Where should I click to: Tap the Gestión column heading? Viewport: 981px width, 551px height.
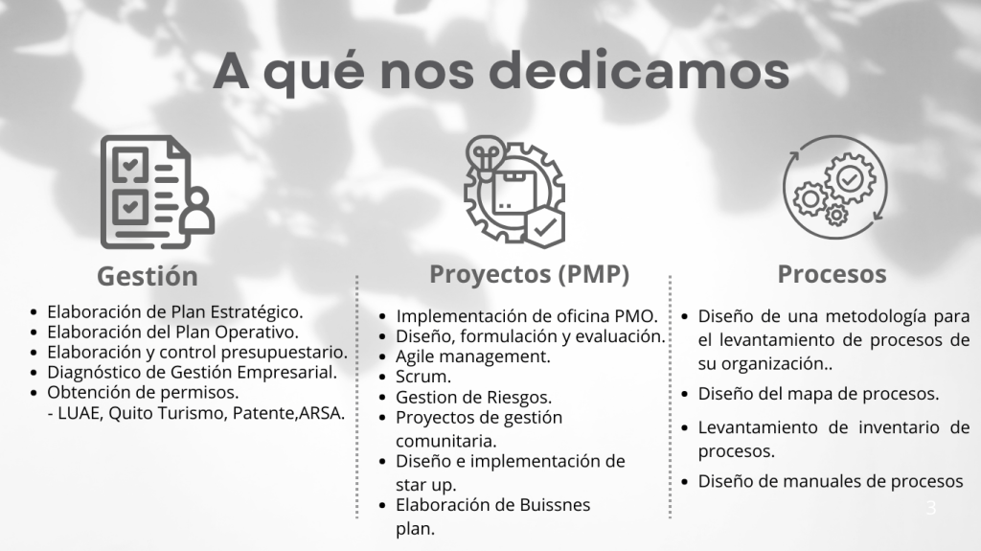pos(148,276)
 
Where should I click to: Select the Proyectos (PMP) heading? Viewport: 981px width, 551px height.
pos(529,275)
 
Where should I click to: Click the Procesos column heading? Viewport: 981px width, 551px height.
pos(832,274)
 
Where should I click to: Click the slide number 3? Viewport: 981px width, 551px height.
pos(931,508)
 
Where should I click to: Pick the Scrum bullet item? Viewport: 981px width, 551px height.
pos(422,377)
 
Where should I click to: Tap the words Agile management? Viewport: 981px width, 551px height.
pos(473,356)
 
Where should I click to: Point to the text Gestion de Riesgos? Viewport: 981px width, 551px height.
pos(473,397)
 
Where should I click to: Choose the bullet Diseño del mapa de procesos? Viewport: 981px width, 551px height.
pos(818,394)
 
